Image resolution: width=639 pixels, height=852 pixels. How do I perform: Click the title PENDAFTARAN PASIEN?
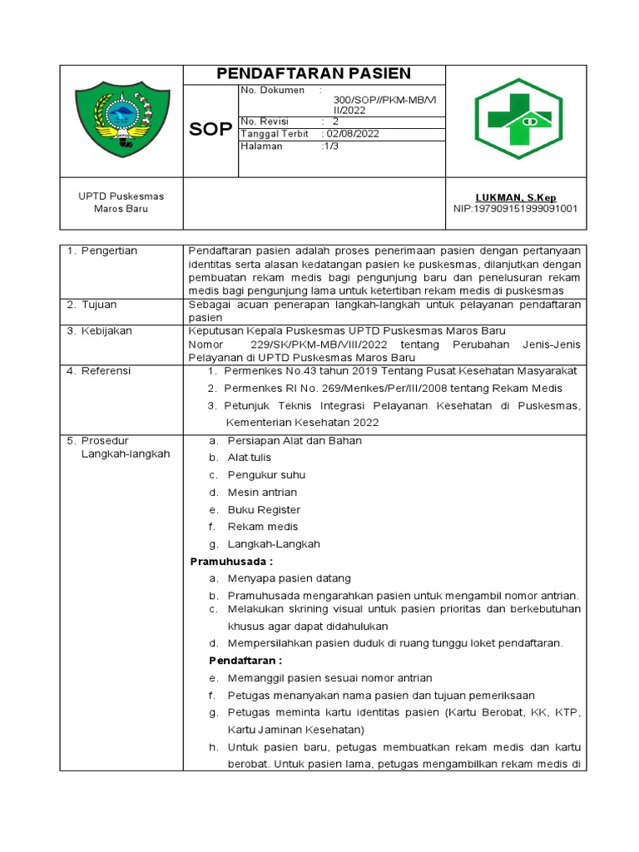point(314,73)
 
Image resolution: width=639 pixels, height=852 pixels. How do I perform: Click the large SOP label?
point(211,130)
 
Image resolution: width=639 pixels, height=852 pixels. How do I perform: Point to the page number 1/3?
point(331,146)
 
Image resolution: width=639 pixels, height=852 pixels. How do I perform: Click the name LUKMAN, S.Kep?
point(516,197)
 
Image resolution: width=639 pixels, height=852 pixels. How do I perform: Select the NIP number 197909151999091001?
point(515,209)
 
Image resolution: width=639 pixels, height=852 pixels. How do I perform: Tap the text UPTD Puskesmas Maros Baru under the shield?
point(121,202)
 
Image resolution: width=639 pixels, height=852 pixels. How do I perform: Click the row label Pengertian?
point(109,250)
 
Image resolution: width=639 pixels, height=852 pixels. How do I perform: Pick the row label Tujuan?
point(99,305)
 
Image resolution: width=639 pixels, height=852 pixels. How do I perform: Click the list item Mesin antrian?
point(262,493)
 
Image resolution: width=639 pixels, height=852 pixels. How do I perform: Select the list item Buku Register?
point(264,510)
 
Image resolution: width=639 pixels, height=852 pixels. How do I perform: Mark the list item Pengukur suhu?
point(266,475)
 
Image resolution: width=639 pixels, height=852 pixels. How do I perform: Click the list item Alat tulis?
point(250,458)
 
